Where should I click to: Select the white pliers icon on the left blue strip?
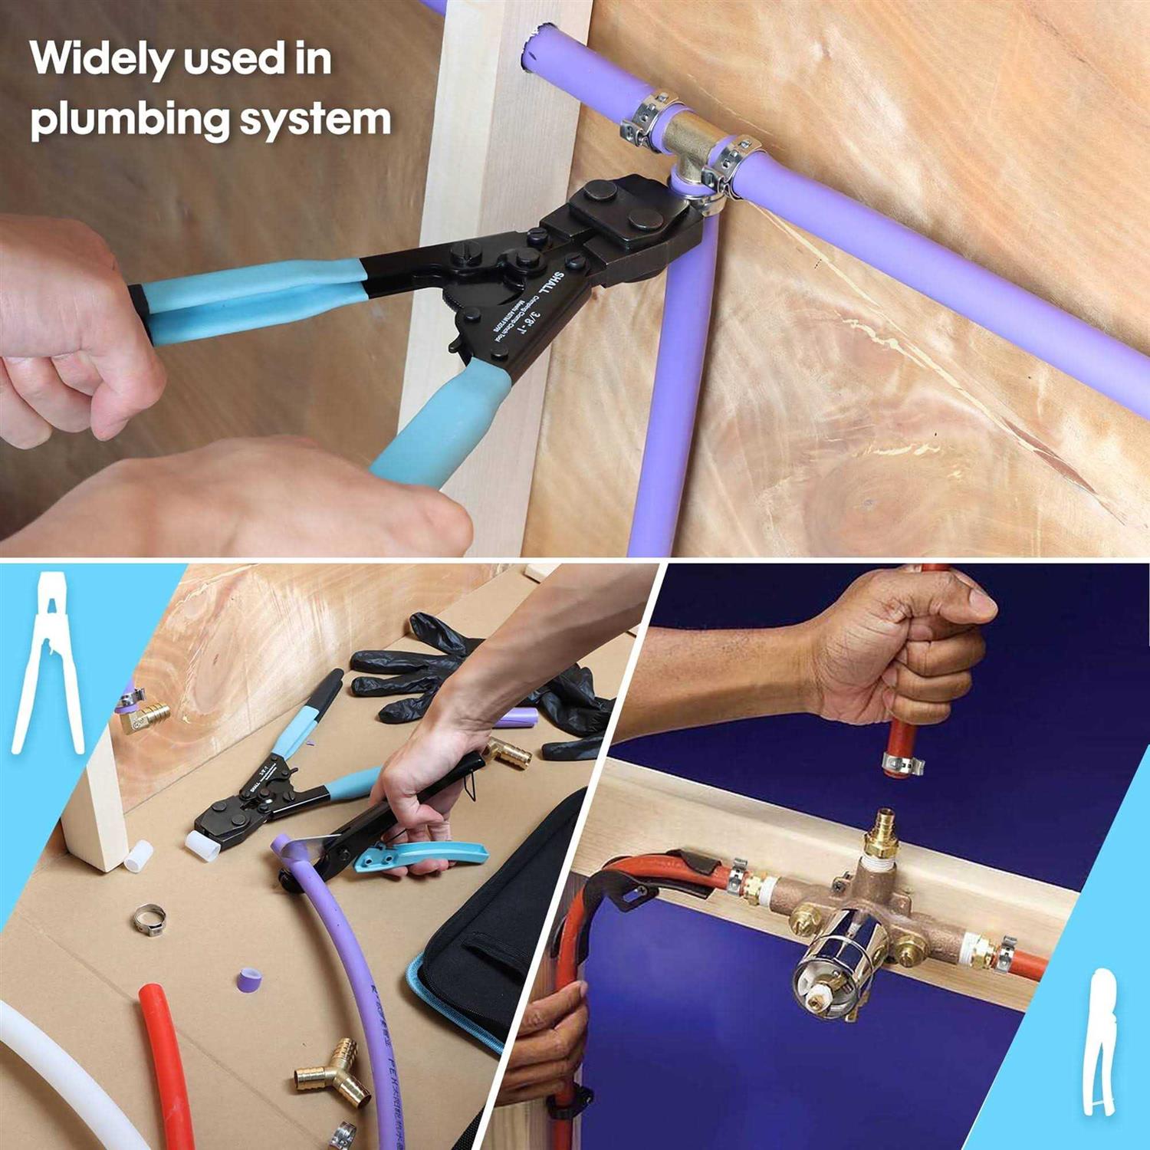pos(48,663)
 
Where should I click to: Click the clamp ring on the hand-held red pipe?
pos(902,763)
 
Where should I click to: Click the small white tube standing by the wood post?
pos(138,856)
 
